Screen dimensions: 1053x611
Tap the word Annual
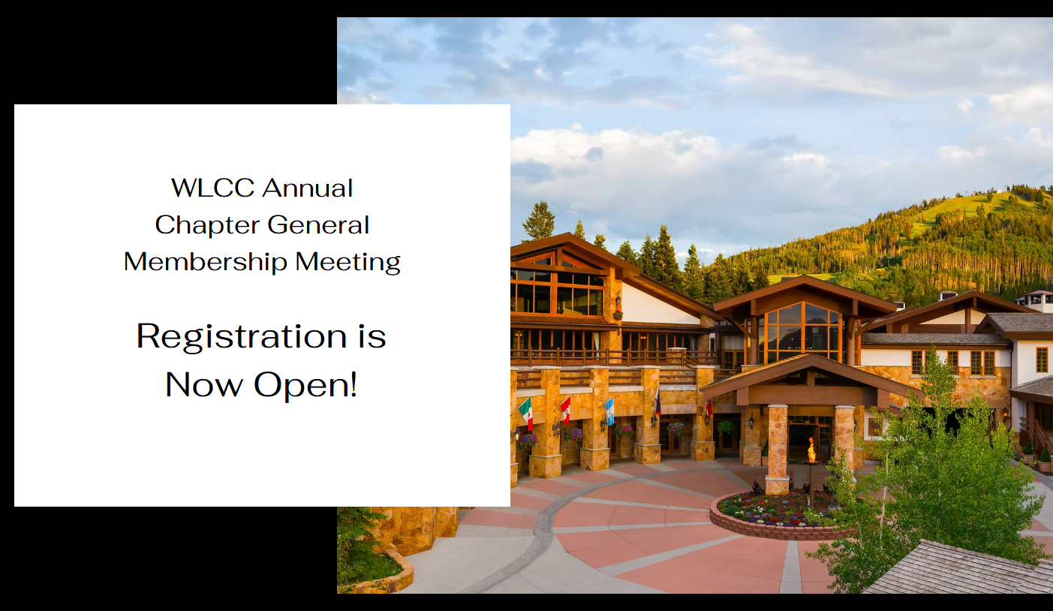click(x=308, y=188)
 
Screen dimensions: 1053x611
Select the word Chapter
click(x=205, y=226)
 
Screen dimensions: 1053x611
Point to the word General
click(x=318, y=224)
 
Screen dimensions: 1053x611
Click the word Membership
click(x=205, y=262)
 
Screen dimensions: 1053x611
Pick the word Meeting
click(x=347, y=263)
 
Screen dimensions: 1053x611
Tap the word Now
click(x=204, y=384)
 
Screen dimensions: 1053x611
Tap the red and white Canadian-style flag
click(x=565, y=410)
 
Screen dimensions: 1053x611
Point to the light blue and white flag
click(x=609, y=411)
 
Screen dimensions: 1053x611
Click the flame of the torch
click(x=811, y=450)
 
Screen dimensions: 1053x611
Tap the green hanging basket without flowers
click(x=725, y=427)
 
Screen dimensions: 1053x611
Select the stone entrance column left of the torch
click(x=777, y=449)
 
